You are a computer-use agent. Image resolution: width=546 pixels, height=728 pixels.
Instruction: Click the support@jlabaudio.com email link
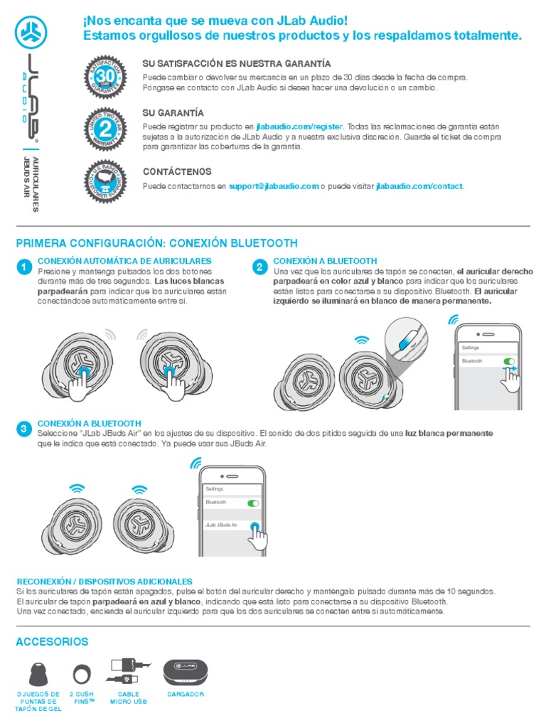(x=274, y=186)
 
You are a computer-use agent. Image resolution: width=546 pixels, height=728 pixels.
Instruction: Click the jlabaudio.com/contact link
(x=419, y=186)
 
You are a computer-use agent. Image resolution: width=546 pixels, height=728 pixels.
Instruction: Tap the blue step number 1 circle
(x=23, y=267)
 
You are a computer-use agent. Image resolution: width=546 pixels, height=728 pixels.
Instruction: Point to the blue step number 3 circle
(x=23, y=429)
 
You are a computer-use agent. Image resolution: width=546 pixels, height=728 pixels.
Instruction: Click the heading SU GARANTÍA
(x=173, y=113)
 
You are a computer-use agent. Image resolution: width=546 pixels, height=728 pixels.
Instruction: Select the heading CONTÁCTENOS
(x=177, y=172)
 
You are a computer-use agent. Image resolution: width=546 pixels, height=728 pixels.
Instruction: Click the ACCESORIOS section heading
(x=52, y=642)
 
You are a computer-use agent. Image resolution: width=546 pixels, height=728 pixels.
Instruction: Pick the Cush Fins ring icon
(x=82, y=673)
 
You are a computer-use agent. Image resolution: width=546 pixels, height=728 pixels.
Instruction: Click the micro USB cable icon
(x=129, y=672)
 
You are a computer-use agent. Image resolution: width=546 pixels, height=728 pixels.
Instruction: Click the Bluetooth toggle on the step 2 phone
(x=509, y=361)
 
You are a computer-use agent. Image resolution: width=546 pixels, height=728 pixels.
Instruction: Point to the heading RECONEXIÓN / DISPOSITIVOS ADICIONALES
(x=104, y=582)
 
